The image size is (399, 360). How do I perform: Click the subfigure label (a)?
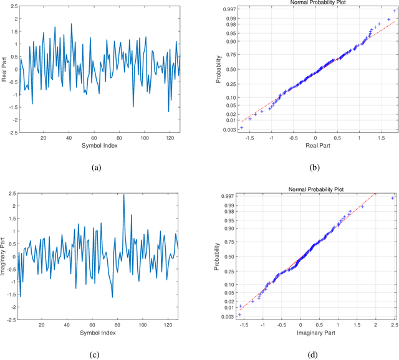95,168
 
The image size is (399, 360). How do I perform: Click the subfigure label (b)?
315,168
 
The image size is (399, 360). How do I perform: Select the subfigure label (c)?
95,355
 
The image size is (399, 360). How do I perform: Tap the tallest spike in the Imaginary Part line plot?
123,195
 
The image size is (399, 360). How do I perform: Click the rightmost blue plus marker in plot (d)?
392,198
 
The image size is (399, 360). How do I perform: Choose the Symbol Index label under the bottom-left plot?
97,332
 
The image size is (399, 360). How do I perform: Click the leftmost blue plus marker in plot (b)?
241,127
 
